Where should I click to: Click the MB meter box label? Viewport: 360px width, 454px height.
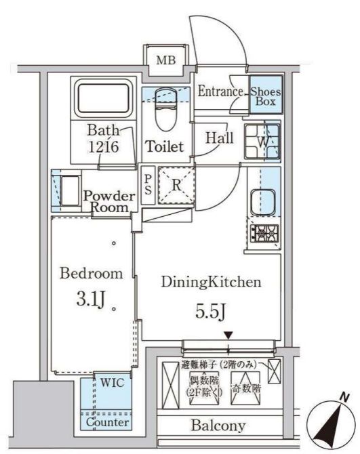click(x=166, y=60)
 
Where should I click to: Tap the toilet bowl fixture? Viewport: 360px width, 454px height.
click(x=165, y=110)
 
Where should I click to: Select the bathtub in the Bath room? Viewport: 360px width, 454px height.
click(x=104, y=98)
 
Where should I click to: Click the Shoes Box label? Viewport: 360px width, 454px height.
click(x=266, y=96)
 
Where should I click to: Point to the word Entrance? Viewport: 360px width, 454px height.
click(x=220, y=91)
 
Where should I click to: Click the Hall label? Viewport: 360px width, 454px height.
click(x=220, y=138)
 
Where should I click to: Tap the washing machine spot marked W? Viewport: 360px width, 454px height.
click(x=262, y=142)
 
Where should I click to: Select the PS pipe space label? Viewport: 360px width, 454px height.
click(x=148, y=185)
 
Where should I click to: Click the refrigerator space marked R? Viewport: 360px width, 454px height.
click(x=176, y=185)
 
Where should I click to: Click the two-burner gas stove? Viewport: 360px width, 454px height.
click(x=264, y=233)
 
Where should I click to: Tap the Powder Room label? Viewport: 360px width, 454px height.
click(x=109, y=201)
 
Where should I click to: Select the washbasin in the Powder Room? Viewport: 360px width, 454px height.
click(x=70, y=191)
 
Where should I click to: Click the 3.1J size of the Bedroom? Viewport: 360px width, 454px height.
click(x=90, y=300)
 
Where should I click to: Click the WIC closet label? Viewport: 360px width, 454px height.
click(x=113, y=383)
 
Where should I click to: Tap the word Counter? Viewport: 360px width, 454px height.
click(x=107, y=422)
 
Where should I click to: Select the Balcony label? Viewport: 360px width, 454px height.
click(x=218, y=426)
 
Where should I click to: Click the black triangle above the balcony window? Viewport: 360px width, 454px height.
click(x=228, y=335)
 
